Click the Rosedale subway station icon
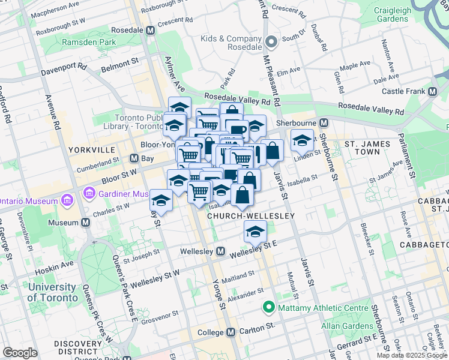(x=150, y=30)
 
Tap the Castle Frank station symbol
(x=432, y=91)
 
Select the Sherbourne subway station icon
(x=324, y=123)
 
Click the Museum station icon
(x=86, y=222)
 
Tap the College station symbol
(x=231, y=332)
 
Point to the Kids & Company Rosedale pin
(x=271, y=43)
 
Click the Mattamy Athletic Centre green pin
(x=268, y=308)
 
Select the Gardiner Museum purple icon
(x=89, y=194)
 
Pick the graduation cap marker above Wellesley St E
(x=255, y=230)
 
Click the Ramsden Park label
(x=88, y=43)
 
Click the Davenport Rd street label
(x=64, y=69)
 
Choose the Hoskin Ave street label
(x=58, y=263)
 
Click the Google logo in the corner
(x=20, y=353)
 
